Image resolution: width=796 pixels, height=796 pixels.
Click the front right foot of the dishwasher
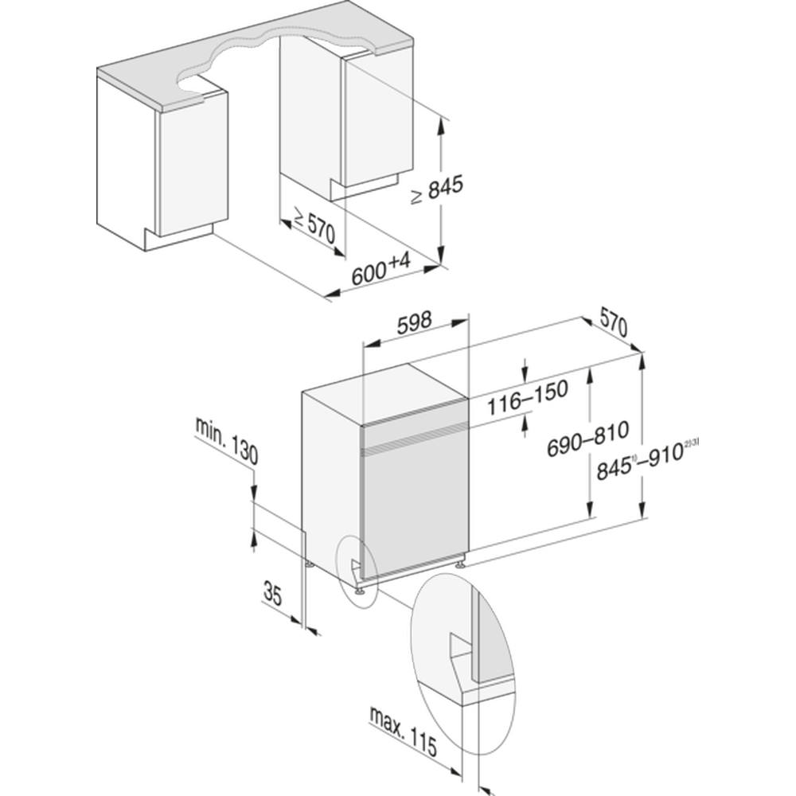tap(461, 565)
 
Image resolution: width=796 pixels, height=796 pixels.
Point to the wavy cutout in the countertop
tap(263, 60)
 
